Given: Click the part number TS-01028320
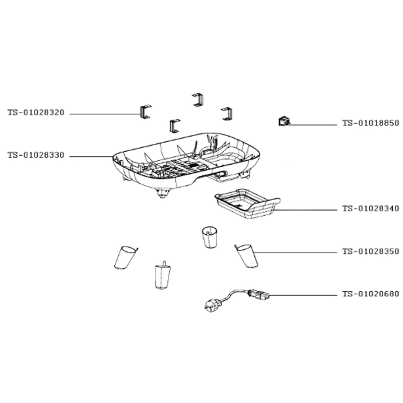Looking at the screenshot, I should (x=36, y=113).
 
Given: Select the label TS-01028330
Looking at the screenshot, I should (x=36, y=155).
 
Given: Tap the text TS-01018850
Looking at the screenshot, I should (x=370, y=123).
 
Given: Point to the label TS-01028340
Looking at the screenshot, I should (x=370, y=209).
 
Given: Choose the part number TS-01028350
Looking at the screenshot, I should (x=370, y=251).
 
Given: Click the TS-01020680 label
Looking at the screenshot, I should (x=370, y=294).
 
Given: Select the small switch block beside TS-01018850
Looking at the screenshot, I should (x=284, y=121).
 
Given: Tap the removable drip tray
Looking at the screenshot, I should (x=246, y=205).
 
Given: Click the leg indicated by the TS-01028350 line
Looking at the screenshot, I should (x=247, y=255).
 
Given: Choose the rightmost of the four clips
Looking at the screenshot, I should (x=227, y=114).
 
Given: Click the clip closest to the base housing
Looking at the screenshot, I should (x=174, y=126).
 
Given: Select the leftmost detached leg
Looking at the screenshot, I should (x=124, y=257).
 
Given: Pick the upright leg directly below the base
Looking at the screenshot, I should (x=211, y=237).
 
